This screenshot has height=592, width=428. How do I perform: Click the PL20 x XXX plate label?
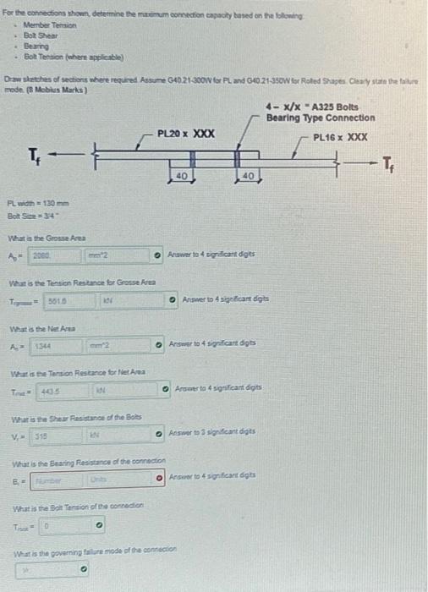185,134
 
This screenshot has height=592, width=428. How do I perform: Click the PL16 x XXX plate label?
340,137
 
